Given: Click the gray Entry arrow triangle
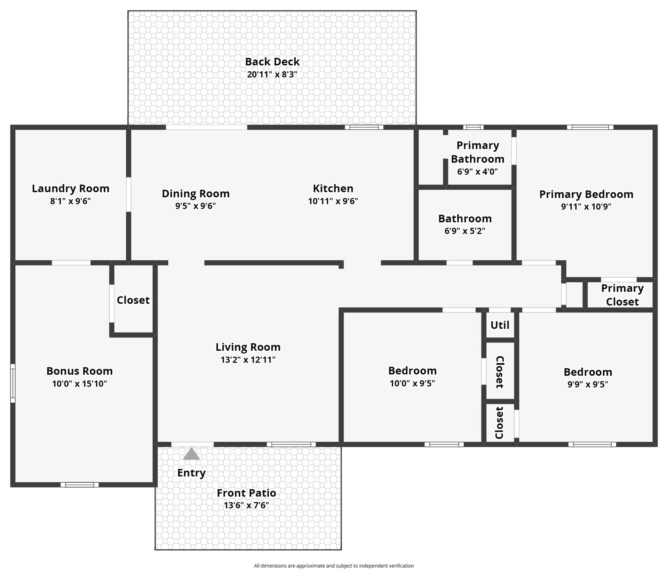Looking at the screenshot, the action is click(191, 454).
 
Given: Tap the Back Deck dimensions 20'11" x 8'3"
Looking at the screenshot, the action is click(272, 74).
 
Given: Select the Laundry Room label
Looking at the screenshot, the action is click(71, 189).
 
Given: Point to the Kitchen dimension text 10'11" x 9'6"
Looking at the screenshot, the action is click(333, 201).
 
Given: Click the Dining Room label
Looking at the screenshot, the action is click(196, 193).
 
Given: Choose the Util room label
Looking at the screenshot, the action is click(500, 325).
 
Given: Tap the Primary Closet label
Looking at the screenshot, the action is click(622, 295).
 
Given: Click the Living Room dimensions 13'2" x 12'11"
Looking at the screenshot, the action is click(248, 360).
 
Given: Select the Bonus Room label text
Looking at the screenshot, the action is click(80, 371).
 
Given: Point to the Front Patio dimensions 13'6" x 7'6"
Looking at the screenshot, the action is click(246, 505).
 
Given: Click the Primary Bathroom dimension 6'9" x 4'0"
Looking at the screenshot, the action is click(478, 172).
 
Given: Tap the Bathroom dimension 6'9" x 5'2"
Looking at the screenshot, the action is click(465, 231).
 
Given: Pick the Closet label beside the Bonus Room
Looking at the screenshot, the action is click(133, 300).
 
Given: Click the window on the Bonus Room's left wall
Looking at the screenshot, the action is click(13, 383).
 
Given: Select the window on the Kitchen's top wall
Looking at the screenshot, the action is click(364, 127).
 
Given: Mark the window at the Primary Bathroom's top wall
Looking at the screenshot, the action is click(473, 127).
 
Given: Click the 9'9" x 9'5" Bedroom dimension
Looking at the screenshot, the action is click(588, 384).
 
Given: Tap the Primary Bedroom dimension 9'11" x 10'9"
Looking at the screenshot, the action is click(586, 207).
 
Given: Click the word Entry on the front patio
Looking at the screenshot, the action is click(191, 473).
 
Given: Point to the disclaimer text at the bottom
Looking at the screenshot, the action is click(334, 566).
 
